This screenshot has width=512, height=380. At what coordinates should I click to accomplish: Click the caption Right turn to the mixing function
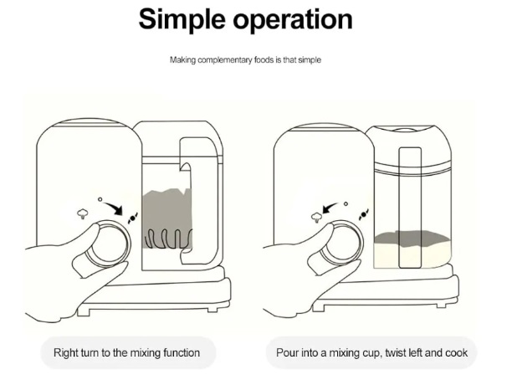pyautogui.click(x=126, y=352)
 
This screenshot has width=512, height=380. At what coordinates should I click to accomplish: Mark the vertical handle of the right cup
pyautogui.click(x=410, y=205)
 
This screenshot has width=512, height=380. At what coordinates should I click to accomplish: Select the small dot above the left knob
pyautogui.click(x=100, y=199)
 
